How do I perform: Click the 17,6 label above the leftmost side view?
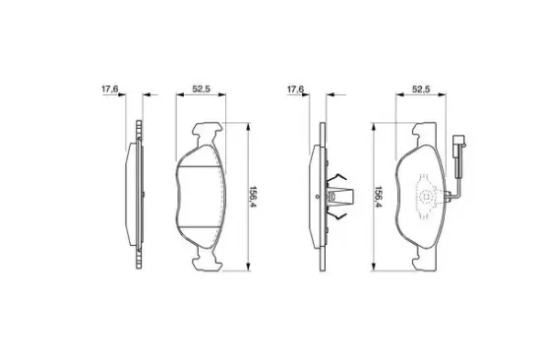[x=110, y=90]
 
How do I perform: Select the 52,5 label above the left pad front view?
[x=201, y=90]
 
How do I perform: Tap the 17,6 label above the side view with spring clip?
[x=296, y=90]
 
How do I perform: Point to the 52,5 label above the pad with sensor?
[x=421, y=90]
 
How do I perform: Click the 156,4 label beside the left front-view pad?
[x=253, y=197]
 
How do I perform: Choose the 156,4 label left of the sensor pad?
[x=379, y=197]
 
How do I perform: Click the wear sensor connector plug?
[x=459, y=142]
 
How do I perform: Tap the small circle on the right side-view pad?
[x=317, y=197]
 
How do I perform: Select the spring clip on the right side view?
[x=339, y=197]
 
